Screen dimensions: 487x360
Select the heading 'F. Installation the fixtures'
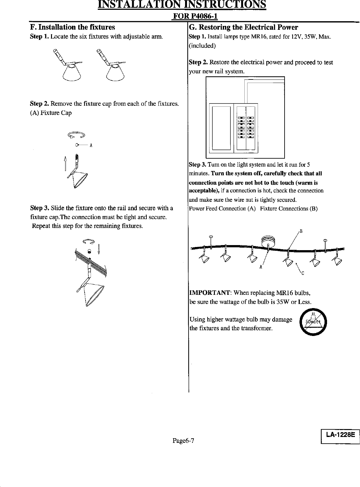pyautogui.click(x=72, y=27)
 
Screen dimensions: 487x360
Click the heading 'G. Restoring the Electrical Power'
pyautogui.click(x=243, y=27)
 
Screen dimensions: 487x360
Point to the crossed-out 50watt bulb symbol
pyautogui.click(x=312, y=323)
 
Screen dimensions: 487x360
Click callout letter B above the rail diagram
pyautogui.click(x=301, y=231)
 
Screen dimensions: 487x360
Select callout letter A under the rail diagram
pyautogui.click(x=260, y=267)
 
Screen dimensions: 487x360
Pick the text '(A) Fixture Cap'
pyautogui.click(x=51, y=113)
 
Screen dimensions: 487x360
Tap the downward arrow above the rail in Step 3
pyautogui.click(x=99, y=249)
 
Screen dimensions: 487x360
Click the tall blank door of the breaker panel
pyautogui.click(x=221, y=128)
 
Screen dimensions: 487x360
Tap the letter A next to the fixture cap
pyautogui.click(x=91, y=146)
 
